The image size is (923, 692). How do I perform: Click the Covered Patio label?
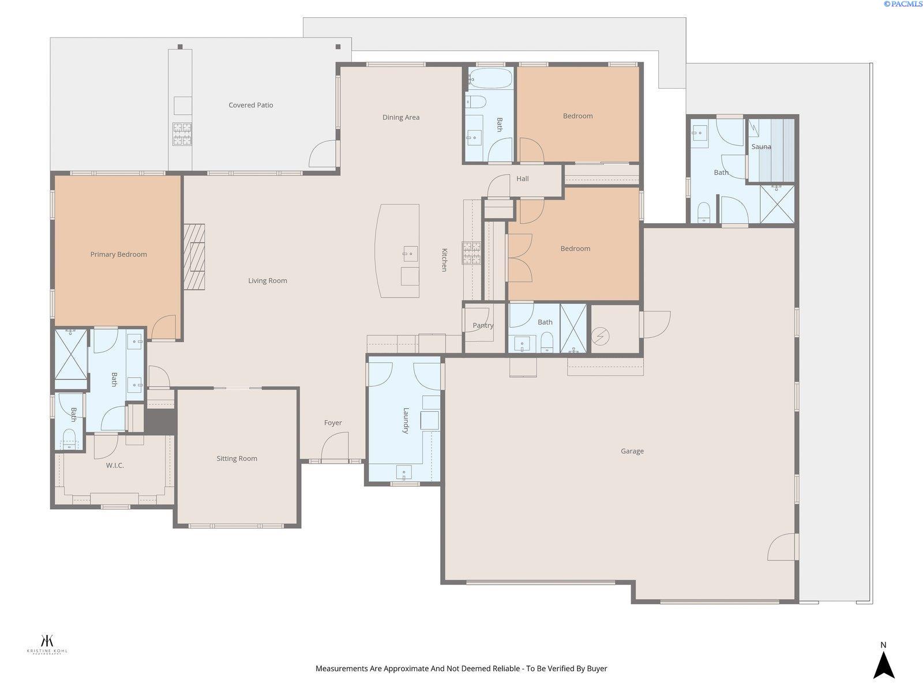point(250,105)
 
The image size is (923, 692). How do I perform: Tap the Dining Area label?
point(400,117)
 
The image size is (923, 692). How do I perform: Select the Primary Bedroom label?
point(118,254)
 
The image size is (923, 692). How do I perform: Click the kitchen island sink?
point(410,253)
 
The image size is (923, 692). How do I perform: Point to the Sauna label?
point(761,146)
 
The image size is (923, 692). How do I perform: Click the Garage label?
point(632,451)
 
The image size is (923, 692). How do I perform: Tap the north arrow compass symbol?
point(883,664)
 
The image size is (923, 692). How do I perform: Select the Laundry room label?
point(406,420)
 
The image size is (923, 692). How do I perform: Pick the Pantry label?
point(482,325)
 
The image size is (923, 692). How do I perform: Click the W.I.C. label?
point(115,465)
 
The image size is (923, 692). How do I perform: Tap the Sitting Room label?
point(237,458)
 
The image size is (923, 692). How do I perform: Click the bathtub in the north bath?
point(489,78)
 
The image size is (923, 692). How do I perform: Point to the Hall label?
point(522,179)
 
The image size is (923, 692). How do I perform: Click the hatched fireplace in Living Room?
point(194,257)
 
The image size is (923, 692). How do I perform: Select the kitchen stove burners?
point(471,253)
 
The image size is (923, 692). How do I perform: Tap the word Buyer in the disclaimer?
point(596,669)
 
